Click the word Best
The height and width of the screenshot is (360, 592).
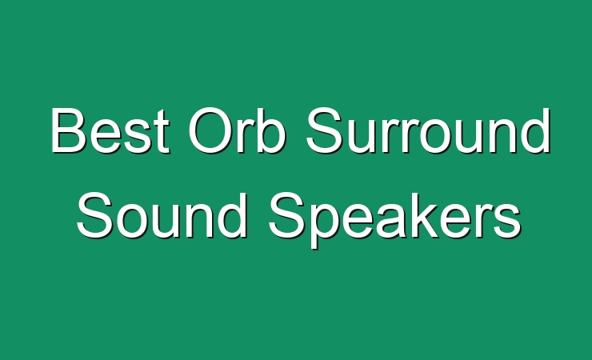pyautogui.click(x=110, y=130)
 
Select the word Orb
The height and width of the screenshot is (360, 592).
pyautogui.click(x=237, y=130)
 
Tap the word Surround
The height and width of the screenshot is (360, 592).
pyautogui.click(x=428, y=130)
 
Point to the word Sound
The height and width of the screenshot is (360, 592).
pyautogui.click(x=162, y=215)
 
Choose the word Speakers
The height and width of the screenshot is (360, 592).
pyautogui.click(x=395, y=220)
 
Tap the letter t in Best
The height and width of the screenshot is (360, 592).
pyautogui.click(x=162, y=132)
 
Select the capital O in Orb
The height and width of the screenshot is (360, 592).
pyautogui.click(x=210, y=130)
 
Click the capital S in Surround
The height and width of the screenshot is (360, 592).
pyautogui.click(x=324, y=130)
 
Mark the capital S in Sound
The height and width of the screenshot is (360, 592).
pyautogui.click(x=94, y=215)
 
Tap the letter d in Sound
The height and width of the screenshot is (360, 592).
pyautogui.click(x=232, y=215)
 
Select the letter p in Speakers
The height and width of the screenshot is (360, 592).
pyautogui.click(x=326, y=225)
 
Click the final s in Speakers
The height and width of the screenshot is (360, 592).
pyautogui.click(x=508, y=221)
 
